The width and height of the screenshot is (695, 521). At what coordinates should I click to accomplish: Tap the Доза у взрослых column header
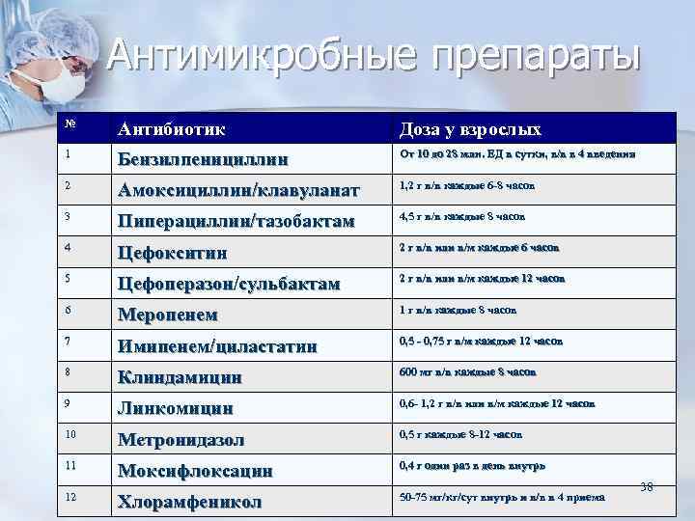tap(470, 128)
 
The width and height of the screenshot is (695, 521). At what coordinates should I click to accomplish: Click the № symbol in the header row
tap(70, 123)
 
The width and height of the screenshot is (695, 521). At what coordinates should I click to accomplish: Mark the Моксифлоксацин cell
tap(195, 471)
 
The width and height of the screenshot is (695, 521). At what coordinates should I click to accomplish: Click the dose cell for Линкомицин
tap(497, 402)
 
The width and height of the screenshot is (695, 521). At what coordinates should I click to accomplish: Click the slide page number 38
tap(647, 486)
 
